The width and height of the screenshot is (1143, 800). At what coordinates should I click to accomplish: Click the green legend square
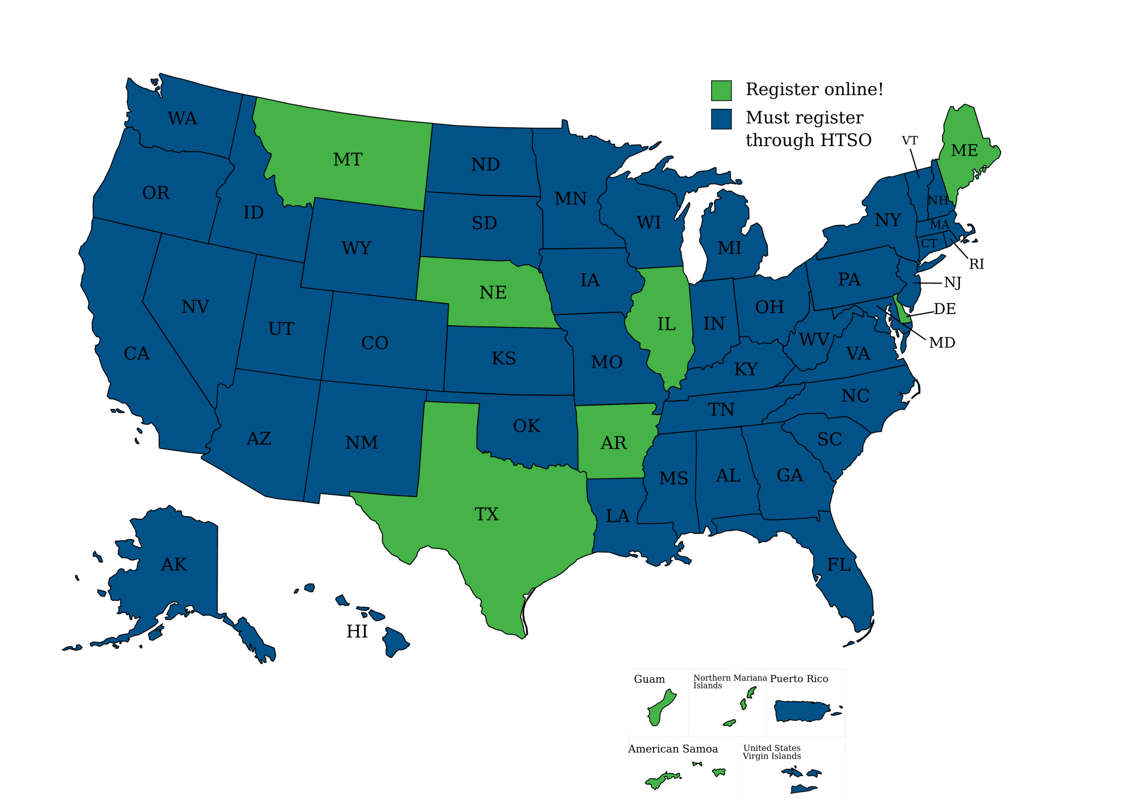pyautogui.click(x=721, y=90)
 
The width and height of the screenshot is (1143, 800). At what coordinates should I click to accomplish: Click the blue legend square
pyautogui.click(x=721, y=119)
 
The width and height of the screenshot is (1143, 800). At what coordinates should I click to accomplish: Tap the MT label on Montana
pyautogui.click(x=348, y=160)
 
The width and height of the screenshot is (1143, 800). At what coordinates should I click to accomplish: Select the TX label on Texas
pyautogui.click(x=487, y=514)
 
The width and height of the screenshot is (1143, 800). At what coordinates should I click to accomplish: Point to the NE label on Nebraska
pyautogui.click(x=493, y=292)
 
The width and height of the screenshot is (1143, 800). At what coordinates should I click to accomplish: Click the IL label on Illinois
pyautogui.click(x=666, y=324)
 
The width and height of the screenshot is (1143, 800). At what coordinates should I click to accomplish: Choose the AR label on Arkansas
pyautogui.click(x=613, y=443)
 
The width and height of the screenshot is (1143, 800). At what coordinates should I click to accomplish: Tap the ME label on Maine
pyautogui.click(x=964, y=151)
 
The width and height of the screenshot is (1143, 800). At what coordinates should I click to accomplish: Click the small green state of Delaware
pyautogui.click(x=901, y=310)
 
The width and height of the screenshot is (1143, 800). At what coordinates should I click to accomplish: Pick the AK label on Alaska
pyautogui.click(x=174, y=565)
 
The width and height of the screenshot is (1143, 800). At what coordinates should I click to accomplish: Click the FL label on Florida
pyautogui.click(x=839, y=565)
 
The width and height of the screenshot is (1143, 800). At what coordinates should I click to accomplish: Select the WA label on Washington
pyautogui.click(x=183, y=118)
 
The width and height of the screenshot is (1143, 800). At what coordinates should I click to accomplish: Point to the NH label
pyautogui.click(x=938, y=200)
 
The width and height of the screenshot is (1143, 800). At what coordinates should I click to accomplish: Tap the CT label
pyautogui.click(x=929, y=243)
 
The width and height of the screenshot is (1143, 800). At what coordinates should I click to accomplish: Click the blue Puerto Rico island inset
pyautogui.click(x=801, y=711)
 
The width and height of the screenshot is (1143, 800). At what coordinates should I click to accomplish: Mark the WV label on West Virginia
pyautogui.click(x=814, y=339)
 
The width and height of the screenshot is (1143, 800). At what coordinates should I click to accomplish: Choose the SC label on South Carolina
pyautogui.click(x=829, y=440)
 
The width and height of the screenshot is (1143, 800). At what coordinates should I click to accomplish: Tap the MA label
pyautogui.click(x=940, y=225)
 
